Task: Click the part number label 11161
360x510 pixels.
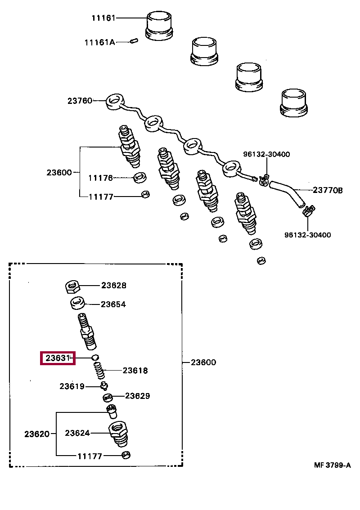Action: (103, 18)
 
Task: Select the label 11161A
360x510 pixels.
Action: (99, 42)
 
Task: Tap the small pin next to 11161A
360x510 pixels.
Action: (134, 41)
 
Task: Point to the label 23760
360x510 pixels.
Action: (80, 101)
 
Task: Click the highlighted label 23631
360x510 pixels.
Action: (58, 358)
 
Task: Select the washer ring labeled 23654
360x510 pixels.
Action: (78, 304)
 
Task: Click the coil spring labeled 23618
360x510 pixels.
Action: (99, 371)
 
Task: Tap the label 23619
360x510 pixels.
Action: (72, 386)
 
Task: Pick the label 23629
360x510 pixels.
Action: (137, 396)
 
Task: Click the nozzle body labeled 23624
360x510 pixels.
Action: (118, 434)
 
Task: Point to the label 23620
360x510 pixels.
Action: (37, 434)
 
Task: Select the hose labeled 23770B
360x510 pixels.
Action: (288, 193)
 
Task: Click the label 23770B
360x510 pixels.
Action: (328, 190)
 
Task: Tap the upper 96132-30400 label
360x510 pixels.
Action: (266, 154)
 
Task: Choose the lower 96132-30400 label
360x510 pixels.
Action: (308, 235)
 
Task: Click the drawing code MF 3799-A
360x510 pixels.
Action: (333, 465)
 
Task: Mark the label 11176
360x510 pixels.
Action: (101, 178)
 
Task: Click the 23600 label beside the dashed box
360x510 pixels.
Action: (203, 362)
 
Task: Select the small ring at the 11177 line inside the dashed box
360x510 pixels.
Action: (126, 455)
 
